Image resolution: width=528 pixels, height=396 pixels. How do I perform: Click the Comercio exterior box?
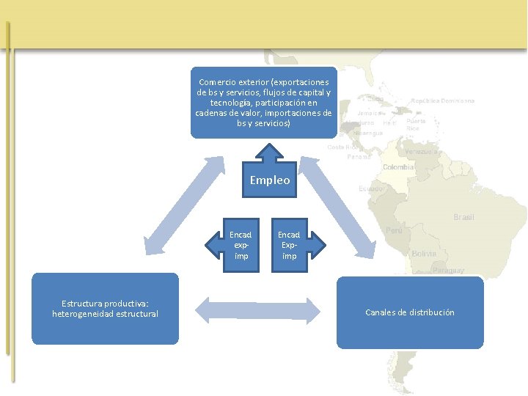[x=263, y=103]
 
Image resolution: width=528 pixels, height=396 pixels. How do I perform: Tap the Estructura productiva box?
[x=105, y=308]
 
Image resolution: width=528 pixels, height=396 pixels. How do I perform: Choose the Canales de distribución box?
[x=410, y=312]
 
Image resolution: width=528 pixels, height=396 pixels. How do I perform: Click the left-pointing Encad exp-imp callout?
[x=236, y=245]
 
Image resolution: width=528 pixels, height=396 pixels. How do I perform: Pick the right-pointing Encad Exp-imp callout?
[x=293, y=245]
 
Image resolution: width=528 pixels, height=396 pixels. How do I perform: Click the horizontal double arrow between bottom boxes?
[x=258, y=310]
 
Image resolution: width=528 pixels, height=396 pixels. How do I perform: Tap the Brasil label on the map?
[x=463, y=217]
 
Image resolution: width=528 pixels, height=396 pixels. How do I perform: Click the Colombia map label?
[x=399, y=167]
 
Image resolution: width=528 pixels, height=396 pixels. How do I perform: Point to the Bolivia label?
[x=424, y=254]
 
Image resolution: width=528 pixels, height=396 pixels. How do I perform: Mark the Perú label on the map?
[x=394, y=230]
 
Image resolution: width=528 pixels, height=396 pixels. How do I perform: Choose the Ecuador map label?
[x=371, y=188]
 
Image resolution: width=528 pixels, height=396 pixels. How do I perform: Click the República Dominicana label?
[x=442, y=100]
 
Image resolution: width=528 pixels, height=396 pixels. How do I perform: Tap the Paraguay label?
[x=447, y=270]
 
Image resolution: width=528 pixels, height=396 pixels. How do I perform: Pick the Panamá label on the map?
[x=359, y=156]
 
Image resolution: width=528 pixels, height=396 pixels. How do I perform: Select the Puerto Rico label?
[x=416, y=124]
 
